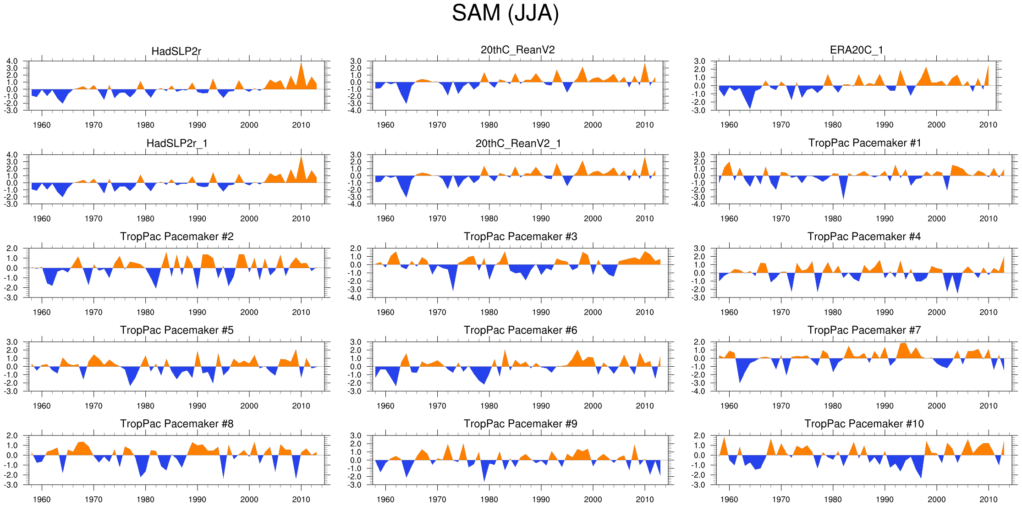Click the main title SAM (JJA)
click(x=505, y=13)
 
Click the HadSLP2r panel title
click(x=176, y=51)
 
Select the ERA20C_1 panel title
click(x=856, y=50)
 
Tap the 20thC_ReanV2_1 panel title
click(x=518, y=143)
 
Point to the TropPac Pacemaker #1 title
click(x=864, y=143)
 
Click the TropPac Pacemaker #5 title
click(x=176, y=330)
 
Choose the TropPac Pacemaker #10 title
click(x=864, y=424)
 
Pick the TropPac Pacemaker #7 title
click(x=864, y=330)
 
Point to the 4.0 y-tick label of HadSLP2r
click(x=12, y=61)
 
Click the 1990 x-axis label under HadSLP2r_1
click(x=197, y=219)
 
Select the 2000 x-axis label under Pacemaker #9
click(x=593, y=500)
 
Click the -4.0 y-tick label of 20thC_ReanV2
click(x=356, y=110)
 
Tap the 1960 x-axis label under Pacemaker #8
click(x=42, y=500)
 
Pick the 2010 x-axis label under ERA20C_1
click(x=988, y=125)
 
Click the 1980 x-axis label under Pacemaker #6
click(x=489, y=406)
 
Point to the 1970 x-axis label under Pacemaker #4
click(x=780, y=313)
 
